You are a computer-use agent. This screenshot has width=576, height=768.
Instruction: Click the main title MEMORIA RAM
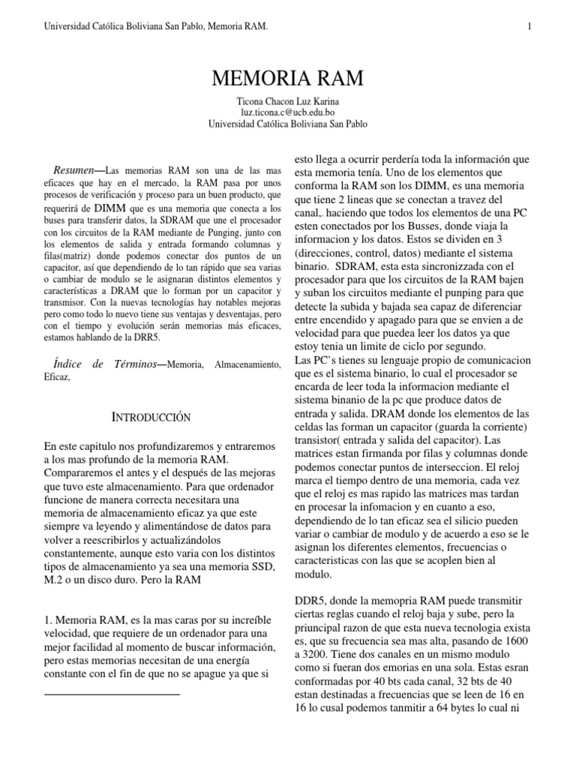[288, 79]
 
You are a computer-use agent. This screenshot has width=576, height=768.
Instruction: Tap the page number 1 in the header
[529, 27]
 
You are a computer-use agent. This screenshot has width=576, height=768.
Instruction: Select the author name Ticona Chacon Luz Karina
[288, 101]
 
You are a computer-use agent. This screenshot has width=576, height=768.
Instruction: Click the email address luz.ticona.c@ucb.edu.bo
[288, 112]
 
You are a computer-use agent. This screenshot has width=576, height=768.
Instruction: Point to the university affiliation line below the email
[288, 124]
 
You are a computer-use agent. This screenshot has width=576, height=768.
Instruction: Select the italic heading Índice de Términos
[105, 364]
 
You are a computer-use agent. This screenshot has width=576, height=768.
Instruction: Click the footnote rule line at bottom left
[112, 695]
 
